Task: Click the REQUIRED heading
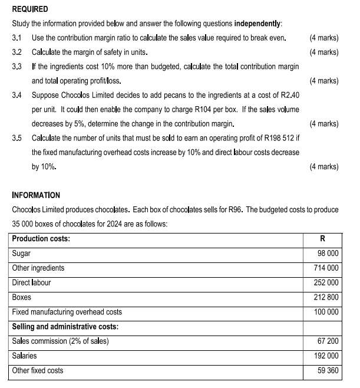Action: (30, 9)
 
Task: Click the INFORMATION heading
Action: (36, 195)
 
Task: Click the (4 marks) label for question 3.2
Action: (323, 52)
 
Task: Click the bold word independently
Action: (257, 24)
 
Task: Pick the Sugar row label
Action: (22, 253)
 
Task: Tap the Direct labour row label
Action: (32, 282)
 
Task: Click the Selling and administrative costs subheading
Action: (64, 327)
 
